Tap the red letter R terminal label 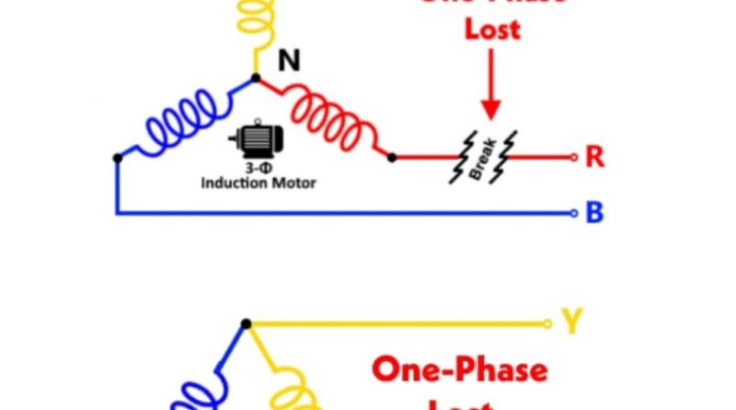click(x=594, y=158)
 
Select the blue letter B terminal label click(x=594, y=214)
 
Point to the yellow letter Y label click(x=572, y=322)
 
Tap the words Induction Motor click(x=258, y=182)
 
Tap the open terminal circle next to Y click(x=547, y=323)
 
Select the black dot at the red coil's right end click(x=392, y=158)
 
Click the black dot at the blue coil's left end click(x=117, y=158)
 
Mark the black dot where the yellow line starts click(x=246, y=323)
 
